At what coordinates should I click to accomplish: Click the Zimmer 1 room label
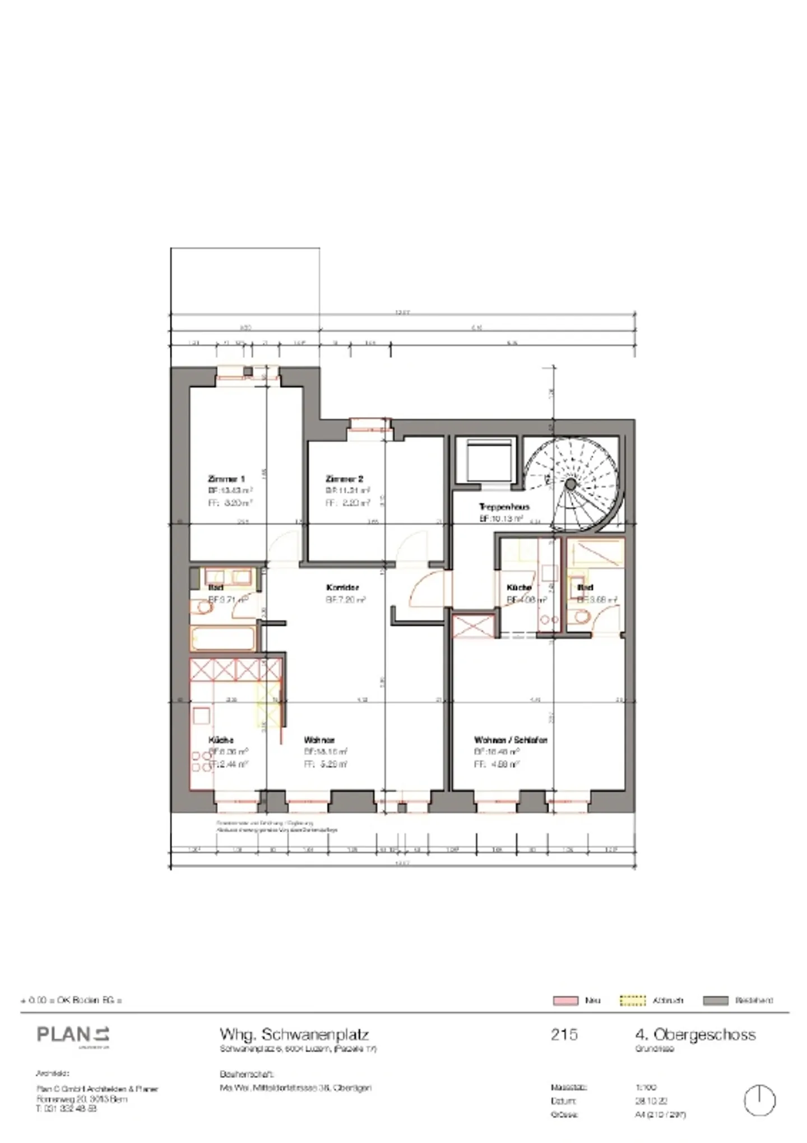coord(226,479)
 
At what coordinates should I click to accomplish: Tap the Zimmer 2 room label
coord(344,479)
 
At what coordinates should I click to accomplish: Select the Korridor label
coord(342,587)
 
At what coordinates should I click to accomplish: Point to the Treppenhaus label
coord(504,507)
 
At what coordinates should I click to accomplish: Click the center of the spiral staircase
coord(571,484)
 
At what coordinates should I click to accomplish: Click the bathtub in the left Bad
coord(223,638)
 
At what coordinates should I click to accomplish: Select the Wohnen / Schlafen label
coord(510,740)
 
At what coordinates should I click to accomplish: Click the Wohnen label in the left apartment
coord(319,740)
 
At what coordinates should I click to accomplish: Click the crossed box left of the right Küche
coord(474,626)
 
